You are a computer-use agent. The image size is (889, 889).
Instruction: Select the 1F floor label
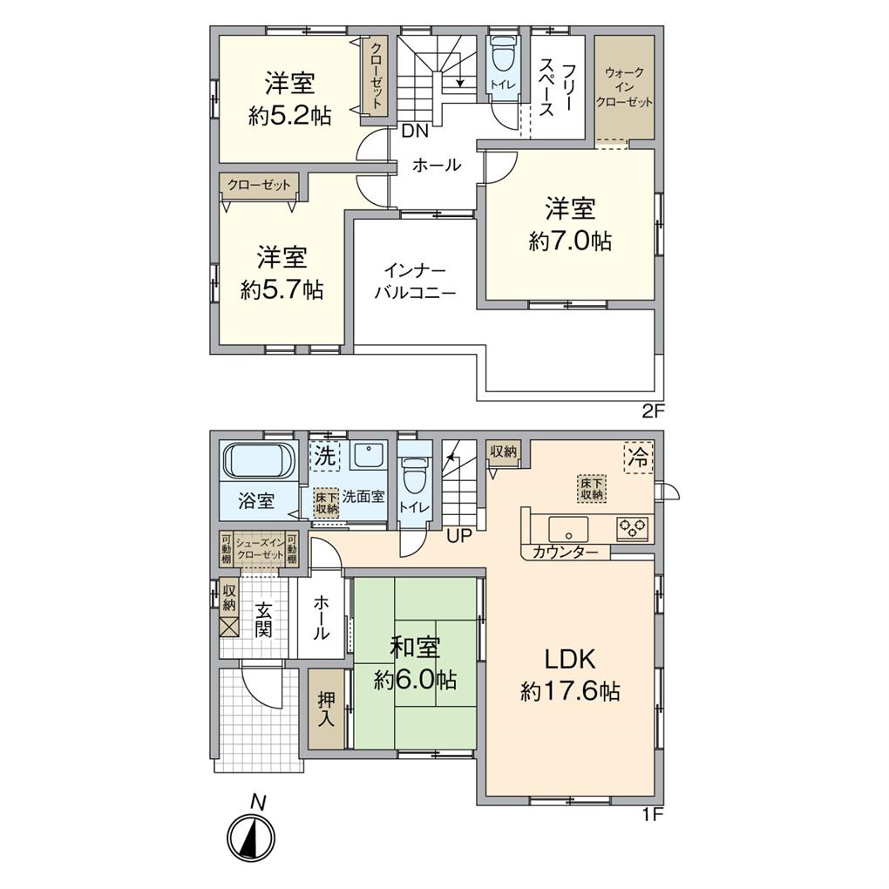tap(654, 817)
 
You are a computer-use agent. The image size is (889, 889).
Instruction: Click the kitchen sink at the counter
tap(567, 528)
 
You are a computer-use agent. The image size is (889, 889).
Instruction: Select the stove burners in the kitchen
tap(633, 526)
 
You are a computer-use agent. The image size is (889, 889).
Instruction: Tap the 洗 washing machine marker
tap(324, 455)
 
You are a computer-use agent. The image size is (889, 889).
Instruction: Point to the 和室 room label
tap(415, 647)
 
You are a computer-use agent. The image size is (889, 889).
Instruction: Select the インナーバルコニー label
tap(415, 281)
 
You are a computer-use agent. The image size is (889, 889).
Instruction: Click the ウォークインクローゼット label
tap(624, 87)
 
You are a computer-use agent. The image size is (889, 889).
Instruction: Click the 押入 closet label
tap(326, 709)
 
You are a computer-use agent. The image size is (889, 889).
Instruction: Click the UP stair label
tap(458, 535)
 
